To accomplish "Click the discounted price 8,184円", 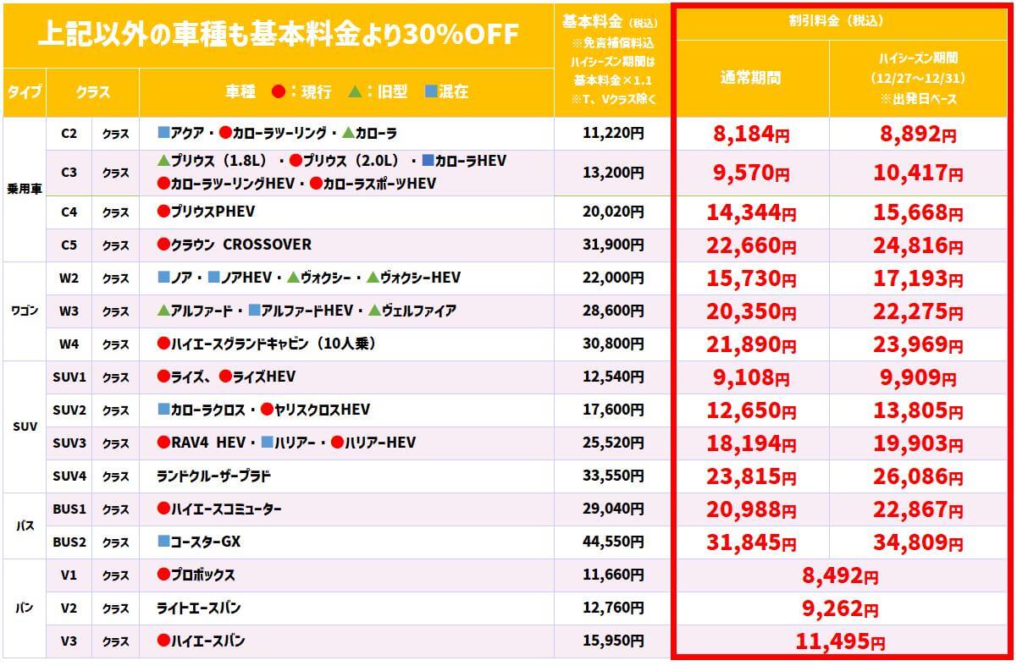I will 749,134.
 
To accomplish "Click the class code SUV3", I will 69,443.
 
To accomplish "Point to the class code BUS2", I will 69,542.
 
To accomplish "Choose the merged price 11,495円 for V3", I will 840,642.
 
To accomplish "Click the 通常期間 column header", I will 750,78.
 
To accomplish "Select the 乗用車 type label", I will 25,188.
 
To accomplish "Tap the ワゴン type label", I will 25,311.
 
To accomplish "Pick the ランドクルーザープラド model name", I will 214,476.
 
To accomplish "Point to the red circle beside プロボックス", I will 164,575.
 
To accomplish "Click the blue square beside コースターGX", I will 164,542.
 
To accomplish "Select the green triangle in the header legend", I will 355,91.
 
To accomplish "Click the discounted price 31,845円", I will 749,542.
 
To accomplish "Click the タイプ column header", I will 25,92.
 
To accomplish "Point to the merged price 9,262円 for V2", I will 840,608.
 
